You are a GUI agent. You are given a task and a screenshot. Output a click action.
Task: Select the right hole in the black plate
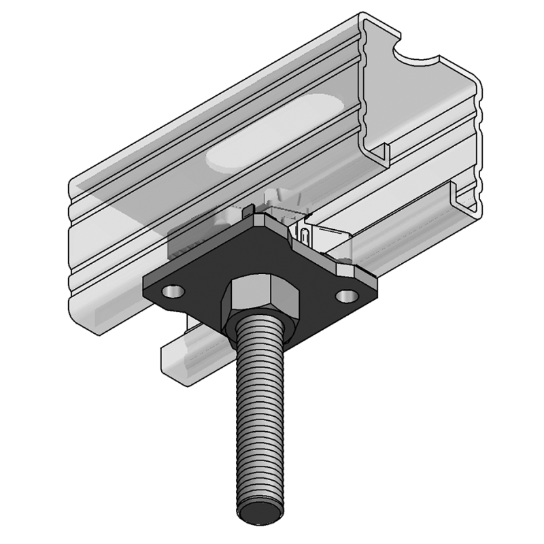(347, 296)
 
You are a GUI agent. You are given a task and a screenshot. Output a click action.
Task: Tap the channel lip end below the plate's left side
(170, 357)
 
